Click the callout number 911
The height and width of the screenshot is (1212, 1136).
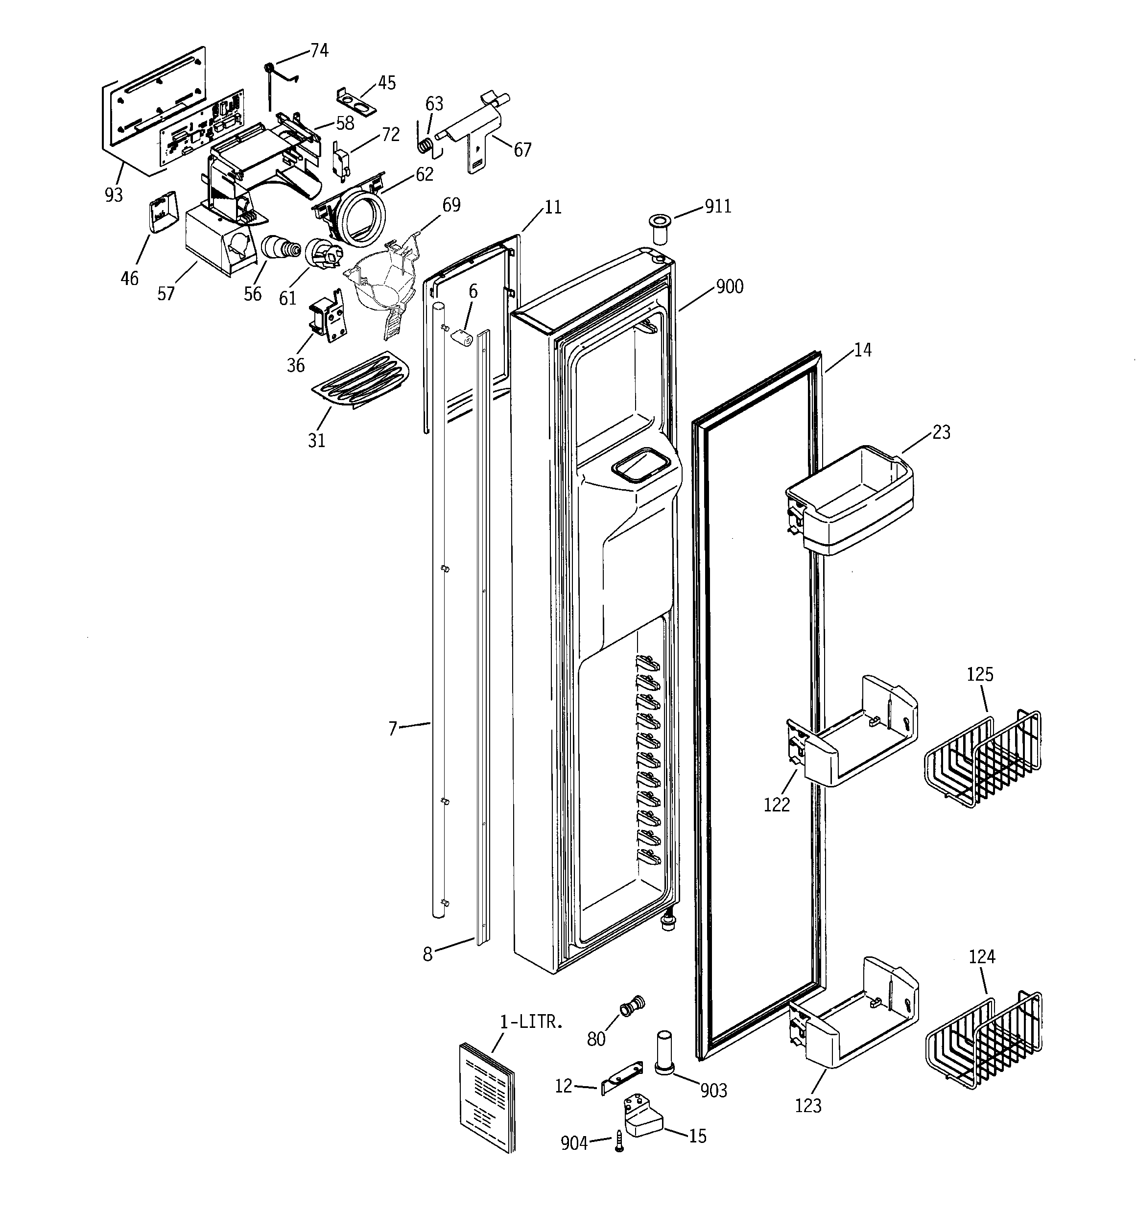pos(718,206)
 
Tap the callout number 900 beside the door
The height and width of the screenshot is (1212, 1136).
pos(729,286)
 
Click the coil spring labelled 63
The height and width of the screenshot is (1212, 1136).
pos(428,146)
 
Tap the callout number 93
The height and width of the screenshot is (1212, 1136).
pos(114,195)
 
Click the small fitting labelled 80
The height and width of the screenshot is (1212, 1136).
pos(632,1006)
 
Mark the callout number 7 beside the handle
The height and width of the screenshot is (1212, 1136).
pos(393,728)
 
